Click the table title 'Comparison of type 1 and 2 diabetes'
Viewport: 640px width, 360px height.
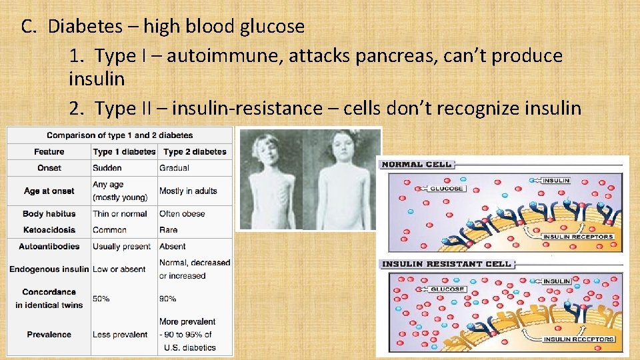pyautogui.click(x=120, y=135)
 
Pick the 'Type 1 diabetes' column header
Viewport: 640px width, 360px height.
pyautogui.click(x=124, y=152)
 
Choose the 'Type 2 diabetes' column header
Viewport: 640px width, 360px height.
pyautogui.click(x=195, y=152)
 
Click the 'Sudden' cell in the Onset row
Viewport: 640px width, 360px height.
pyautogui.click(x=107, y=168)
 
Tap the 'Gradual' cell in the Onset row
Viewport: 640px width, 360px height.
pyautogui.click(x=174, y=168)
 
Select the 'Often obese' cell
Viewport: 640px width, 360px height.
pyautogui.click(x=182, y=214)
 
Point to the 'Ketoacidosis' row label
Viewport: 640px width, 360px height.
pyautogui.click(x=49, y=230)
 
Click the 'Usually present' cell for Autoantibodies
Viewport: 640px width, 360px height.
pyautogui.click(x=122, y=247)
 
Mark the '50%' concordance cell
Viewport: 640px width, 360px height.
pyautogui.click(x=101, y=299)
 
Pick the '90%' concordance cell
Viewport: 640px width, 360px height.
pyautogui.click(x=168, y=299)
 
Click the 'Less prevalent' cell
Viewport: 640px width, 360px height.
pyautogui.click(x=120, y=335)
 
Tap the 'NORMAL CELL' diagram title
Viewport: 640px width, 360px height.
pyautogui.click(x=417, y=164)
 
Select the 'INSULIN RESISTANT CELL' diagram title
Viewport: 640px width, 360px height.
pyautogui.click(x=446, y=264)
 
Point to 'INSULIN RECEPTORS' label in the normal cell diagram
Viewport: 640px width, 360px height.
pyautogui.click(x=577, y=237)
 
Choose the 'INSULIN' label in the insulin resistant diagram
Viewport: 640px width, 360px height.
pyautogui.click(x=556, y=281)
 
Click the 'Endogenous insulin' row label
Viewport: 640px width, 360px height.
pyautogui.click(x=49, y=269)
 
